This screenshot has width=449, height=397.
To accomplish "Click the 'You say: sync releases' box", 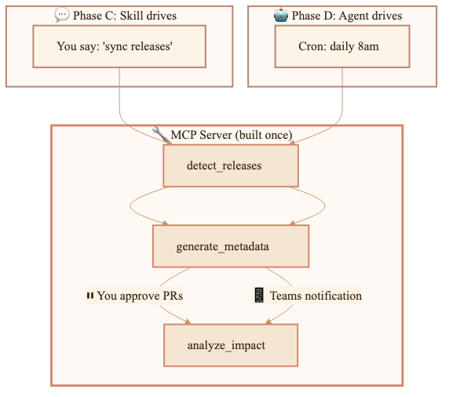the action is (119, 46).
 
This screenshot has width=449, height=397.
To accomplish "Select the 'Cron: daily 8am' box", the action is (342, 46).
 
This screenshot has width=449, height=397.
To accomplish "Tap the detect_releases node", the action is (231, 166).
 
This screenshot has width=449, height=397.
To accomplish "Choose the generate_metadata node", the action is (231, 246).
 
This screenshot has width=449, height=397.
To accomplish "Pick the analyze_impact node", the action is (231, 345).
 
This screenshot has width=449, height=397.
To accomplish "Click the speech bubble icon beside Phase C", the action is (62, 15).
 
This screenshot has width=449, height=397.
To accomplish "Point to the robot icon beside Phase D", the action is (281, 15).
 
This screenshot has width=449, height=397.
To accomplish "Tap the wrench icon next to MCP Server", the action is (160, 134).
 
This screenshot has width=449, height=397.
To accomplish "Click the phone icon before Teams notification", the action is (259, 295).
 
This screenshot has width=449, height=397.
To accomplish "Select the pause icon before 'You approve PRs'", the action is (90, 295).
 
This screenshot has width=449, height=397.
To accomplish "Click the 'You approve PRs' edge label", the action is (135, 296).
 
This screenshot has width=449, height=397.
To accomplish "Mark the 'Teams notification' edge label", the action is (307, 296).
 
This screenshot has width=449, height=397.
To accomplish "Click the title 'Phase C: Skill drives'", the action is (125, 16).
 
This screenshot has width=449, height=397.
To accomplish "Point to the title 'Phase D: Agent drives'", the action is (347, 16).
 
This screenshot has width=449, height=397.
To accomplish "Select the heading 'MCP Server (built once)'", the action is (232, 135).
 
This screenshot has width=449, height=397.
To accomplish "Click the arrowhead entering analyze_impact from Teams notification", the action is (268, 322).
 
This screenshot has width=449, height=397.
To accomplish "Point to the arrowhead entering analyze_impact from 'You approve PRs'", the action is (188, 322).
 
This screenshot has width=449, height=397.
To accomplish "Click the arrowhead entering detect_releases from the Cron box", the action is (291, 142).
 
